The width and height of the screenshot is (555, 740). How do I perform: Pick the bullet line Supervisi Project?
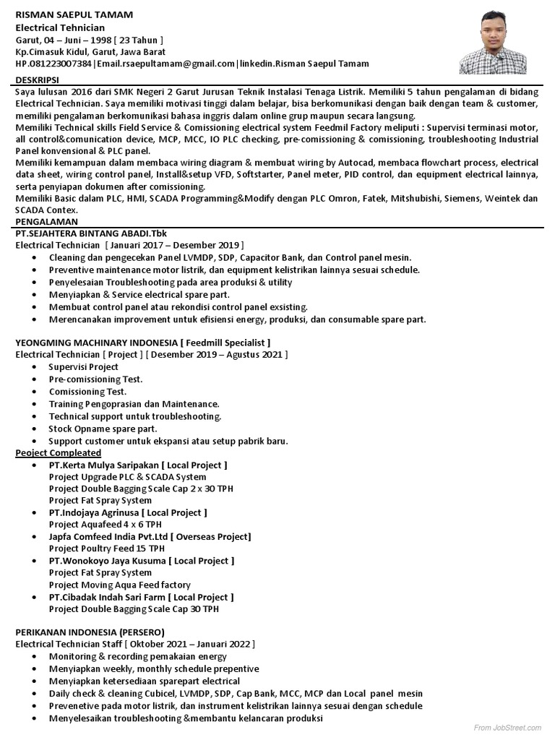(83, 367)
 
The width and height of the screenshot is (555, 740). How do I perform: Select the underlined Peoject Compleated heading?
(59, 452)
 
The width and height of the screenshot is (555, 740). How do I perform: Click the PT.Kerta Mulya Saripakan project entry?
(138, 465)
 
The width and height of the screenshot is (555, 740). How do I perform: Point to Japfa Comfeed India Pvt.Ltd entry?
(150, 536)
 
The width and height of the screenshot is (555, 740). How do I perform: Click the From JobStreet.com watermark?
(508, 726)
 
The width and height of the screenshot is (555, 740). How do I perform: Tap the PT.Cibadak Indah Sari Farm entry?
(141, 598)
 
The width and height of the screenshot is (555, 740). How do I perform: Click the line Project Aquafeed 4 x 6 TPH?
(105, 524)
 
